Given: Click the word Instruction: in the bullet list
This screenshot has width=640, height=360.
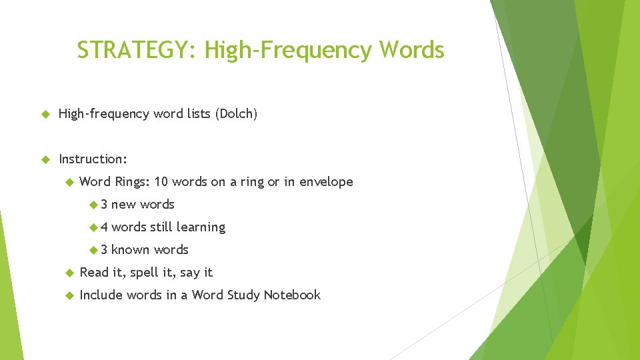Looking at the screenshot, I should pos(93,159).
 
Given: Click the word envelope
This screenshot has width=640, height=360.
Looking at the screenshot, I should pos(326,182).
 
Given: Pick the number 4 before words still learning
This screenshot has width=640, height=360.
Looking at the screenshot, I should pos(103,227).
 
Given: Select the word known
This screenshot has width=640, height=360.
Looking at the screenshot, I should pos(130,250).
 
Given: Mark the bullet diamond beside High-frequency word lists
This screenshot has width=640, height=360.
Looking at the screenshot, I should pos(46,114).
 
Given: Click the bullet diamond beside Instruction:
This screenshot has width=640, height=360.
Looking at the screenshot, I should pos(46,159).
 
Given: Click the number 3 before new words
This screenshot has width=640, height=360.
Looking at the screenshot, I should pos(103,205).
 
